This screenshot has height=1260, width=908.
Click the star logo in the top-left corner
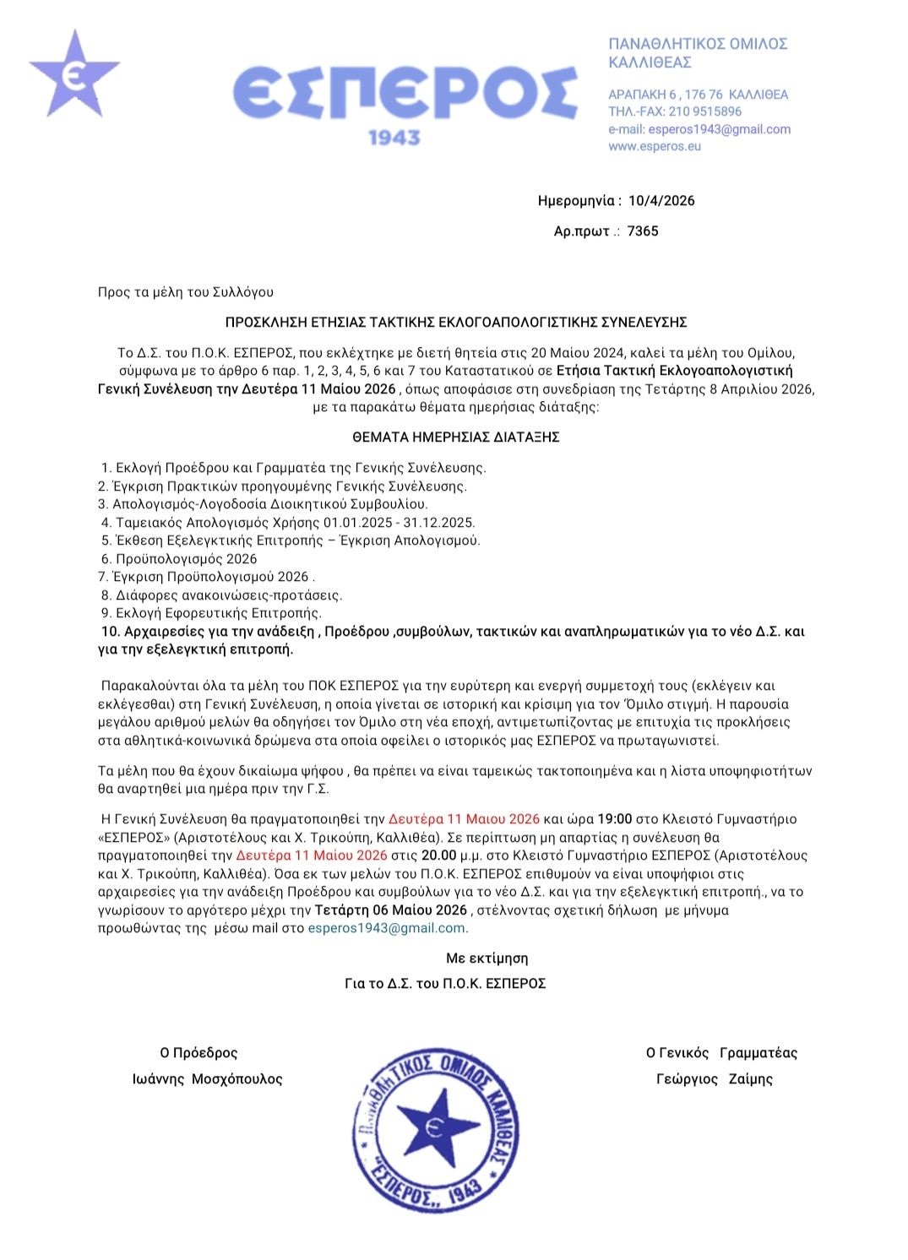[x=73, y=74]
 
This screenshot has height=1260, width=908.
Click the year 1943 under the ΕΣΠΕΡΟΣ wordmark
[x=394, y=136]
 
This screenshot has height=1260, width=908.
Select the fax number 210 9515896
[x=705, y=111]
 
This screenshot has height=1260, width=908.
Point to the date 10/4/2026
[x=661, y=201]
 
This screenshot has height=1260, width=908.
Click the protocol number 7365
[x=643, y=231]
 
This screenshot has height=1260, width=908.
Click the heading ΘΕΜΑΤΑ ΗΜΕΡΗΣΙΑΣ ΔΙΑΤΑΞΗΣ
[x=456, y=437]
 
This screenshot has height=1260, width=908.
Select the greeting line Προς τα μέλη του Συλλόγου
[x=186, y=292]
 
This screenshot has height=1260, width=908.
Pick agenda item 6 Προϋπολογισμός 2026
[x=179, y=559]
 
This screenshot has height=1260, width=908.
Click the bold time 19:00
[x=615, y=819]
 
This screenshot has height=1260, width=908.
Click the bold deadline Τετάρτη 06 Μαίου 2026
[x=390, y=910]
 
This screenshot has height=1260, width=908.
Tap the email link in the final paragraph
[x=387, y=928]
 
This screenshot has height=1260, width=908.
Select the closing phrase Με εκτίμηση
[x=487, y=959]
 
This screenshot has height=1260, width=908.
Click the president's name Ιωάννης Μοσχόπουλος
[x=208, y=1079]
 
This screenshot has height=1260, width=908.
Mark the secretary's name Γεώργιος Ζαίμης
[x=715, y=1079]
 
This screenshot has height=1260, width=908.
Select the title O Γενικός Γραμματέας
[x=721, y=1053]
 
